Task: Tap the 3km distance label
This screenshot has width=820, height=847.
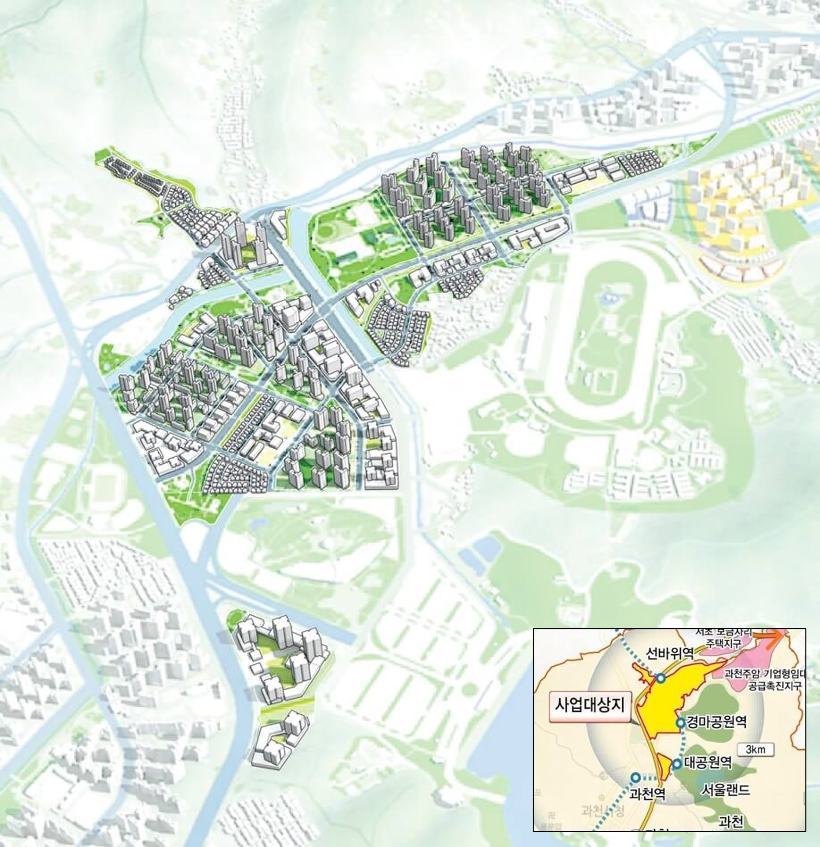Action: [756, 749]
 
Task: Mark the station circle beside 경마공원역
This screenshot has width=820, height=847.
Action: [680, 722]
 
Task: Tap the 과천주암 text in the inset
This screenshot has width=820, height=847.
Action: [743, 674]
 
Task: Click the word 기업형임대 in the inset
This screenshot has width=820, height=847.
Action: [784, 674]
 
